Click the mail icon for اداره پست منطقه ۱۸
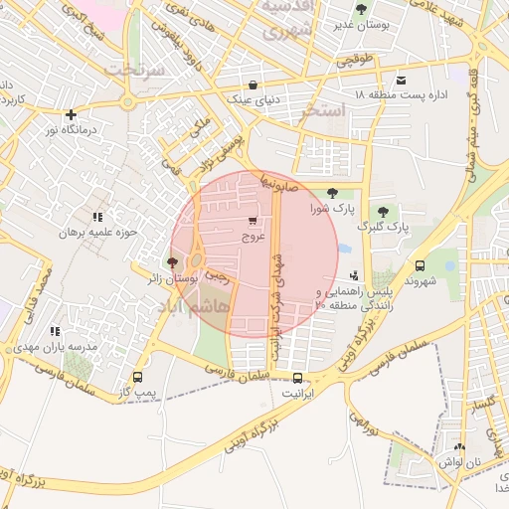point(401,80)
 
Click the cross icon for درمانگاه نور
point(70,114)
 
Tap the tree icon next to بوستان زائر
point(174,263)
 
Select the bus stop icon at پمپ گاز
point(137,378)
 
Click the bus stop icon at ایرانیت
point(297,378)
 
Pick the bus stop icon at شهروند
point(420,266)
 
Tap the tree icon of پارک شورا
point(331,194)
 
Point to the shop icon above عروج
point(253,222)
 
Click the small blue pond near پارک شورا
point(344,248)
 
